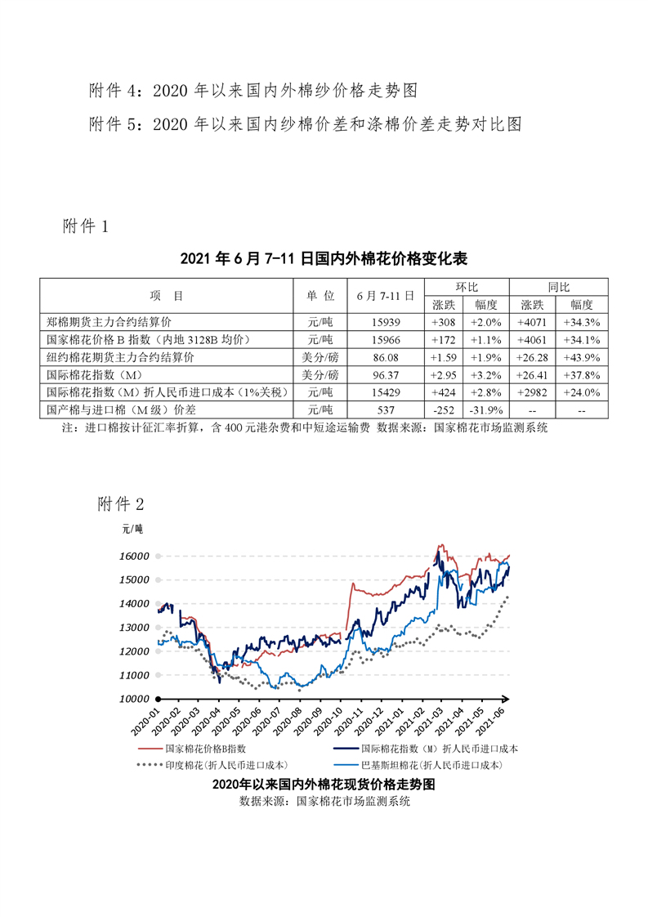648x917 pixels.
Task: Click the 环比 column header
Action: (x=467, y=287)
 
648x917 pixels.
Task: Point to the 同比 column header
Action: (x=559, y=287)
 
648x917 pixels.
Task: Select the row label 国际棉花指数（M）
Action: (x=96, y=374)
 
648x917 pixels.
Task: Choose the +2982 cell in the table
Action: (x=534, y=391)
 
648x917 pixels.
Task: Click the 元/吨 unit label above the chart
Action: (x=132, y=530)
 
